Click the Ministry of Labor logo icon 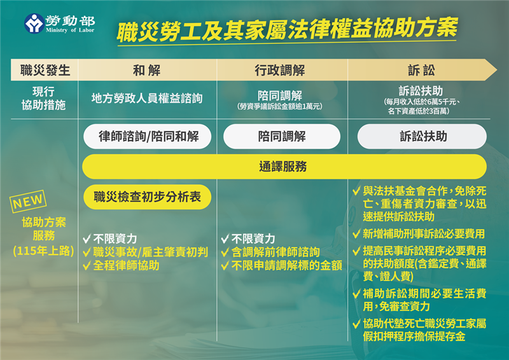tap(34, 24)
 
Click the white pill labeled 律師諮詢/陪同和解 tap(147, 136)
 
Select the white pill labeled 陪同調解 tap(282, 136)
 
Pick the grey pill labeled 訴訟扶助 tap(422, 136)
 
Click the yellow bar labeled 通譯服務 tap(284, 167)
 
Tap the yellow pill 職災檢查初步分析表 tap(147, 197)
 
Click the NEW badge tap(29, 202)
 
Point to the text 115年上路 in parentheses tap(43, 251)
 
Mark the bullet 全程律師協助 tap(125, 265)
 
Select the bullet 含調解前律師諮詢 tap(274, 252)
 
